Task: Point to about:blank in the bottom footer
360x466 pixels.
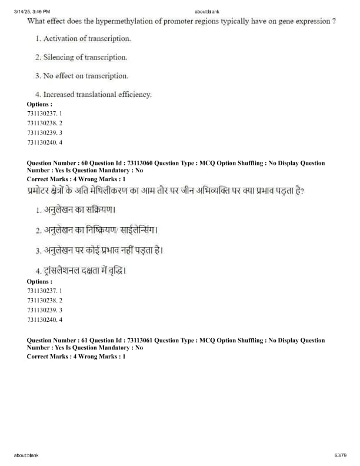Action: click(26, 455)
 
